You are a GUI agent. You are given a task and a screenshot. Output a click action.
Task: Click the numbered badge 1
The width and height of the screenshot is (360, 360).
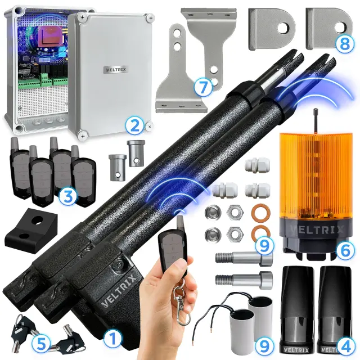point(112,339)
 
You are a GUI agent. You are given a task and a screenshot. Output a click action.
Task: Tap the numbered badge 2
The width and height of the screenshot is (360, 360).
point(134,126)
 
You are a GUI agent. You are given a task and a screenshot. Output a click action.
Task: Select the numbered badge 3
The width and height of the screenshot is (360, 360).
point(68,196)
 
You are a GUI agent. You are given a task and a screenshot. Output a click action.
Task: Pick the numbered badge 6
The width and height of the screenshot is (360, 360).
point(345,251)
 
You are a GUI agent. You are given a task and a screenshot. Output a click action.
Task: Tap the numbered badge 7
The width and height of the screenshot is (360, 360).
point(202,87)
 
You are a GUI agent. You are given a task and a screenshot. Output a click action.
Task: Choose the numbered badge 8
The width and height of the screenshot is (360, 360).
point(344,44)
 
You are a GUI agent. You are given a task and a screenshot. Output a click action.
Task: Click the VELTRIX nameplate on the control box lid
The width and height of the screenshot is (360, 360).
point(116,70)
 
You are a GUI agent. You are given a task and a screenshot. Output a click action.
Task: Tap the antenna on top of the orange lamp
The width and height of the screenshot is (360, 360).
point(316,121)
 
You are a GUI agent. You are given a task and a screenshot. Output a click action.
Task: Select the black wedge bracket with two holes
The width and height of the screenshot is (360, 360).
point(31,230)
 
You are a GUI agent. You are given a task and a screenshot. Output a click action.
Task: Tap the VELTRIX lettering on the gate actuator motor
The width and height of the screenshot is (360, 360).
point(119,291)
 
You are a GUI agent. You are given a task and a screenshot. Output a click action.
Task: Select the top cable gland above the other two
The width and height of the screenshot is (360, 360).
point(257,165)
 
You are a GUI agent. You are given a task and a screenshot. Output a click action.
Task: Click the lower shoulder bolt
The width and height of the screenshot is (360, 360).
point(244,280)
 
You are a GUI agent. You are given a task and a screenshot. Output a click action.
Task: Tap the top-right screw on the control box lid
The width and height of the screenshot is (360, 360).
point(151,18)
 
